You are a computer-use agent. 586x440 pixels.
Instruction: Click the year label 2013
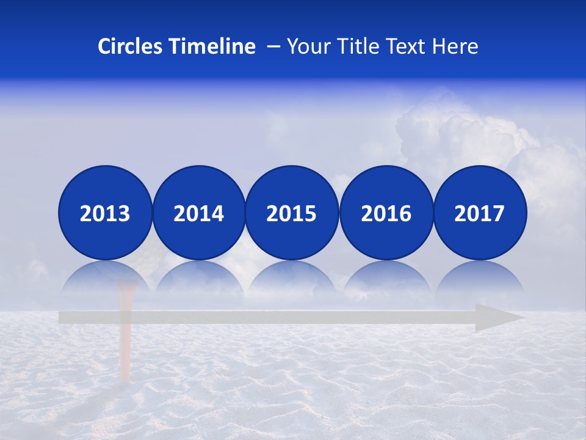click(105, 213)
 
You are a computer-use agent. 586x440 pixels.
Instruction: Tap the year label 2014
click(198, 213)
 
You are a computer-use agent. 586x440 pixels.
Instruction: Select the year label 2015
click(292, 213)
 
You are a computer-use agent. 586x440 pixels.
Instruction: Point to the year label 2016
click(386, 213)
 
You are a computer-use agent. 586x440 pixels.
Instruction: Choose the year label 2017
click(479, 213)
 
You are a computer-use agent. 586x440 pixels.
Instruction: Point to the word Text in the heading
click(405, 46)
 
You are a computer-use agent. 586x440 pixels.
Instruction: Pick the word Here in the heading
click(455, 46)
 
